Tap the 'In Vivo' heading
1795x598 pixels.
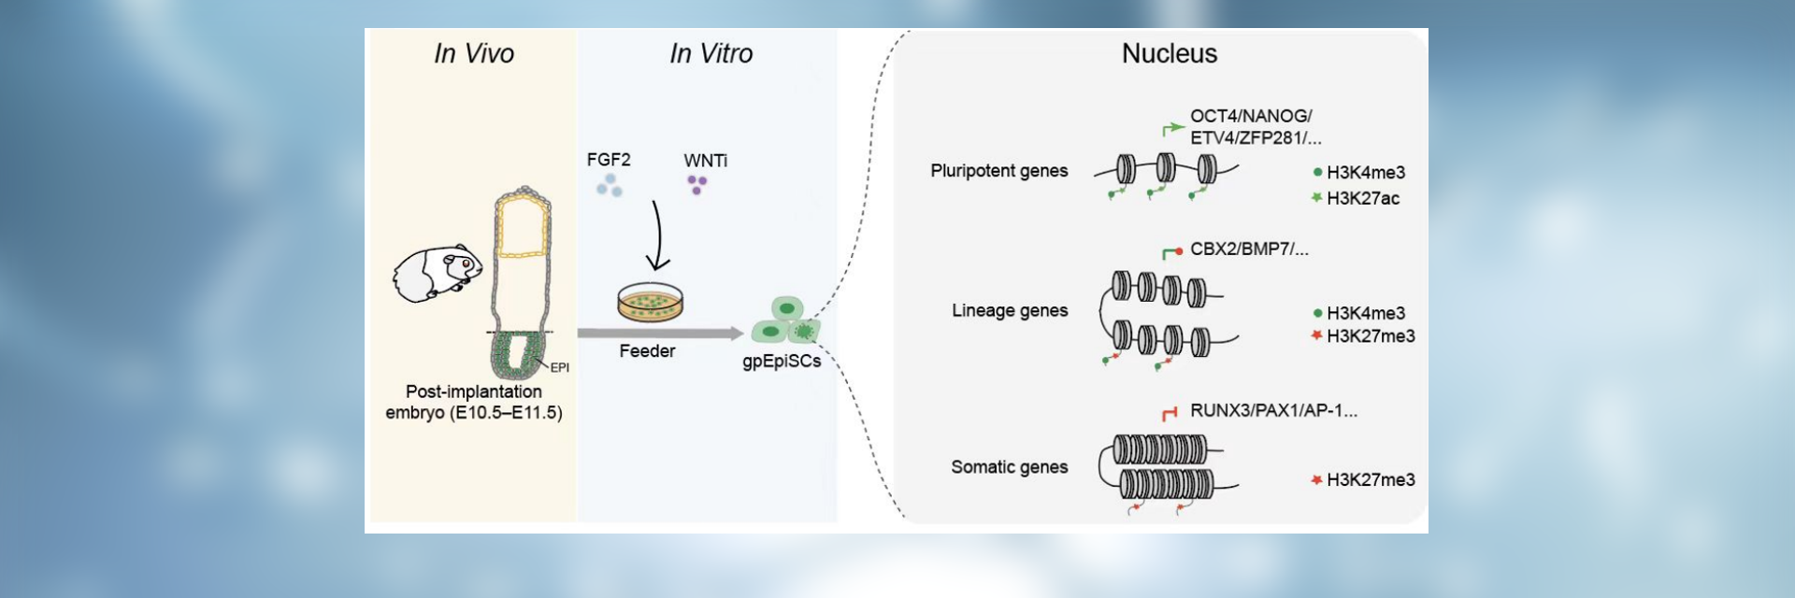coord(474,54)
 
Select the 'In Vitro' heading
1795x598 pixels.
coord(711,54)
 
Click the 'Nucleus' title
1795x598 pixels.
coord(1169,54)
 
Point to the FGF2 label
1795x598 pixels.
coord(609,160)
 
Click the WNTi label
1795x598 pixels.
coord(706,161)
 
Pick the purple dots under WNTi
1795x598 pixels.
coord(696,185)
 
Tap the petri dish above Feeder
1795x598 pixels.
coord(650,302)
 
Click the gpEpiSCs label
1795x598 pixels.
coord(782,362)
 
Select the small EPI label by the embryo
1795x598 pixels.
coord(560,368)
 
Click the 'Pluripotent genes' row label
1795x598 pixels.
coord(998,171)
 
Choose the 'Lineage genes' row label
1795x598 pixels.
coord(1010,310)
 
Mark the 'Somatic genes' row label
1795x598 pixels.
coord(1009,467)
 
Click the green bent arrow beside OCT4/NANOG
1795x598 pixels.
coord(1172,129)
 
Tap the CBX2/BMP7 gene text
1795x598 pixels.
coord(1249,249)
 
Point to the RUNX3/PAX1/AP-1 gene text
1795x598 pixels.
coord(1273,410)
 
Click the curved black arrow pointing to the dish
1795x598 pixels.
coord(657,235)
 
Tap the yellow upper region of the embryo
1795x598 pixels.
coord(523,227)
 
